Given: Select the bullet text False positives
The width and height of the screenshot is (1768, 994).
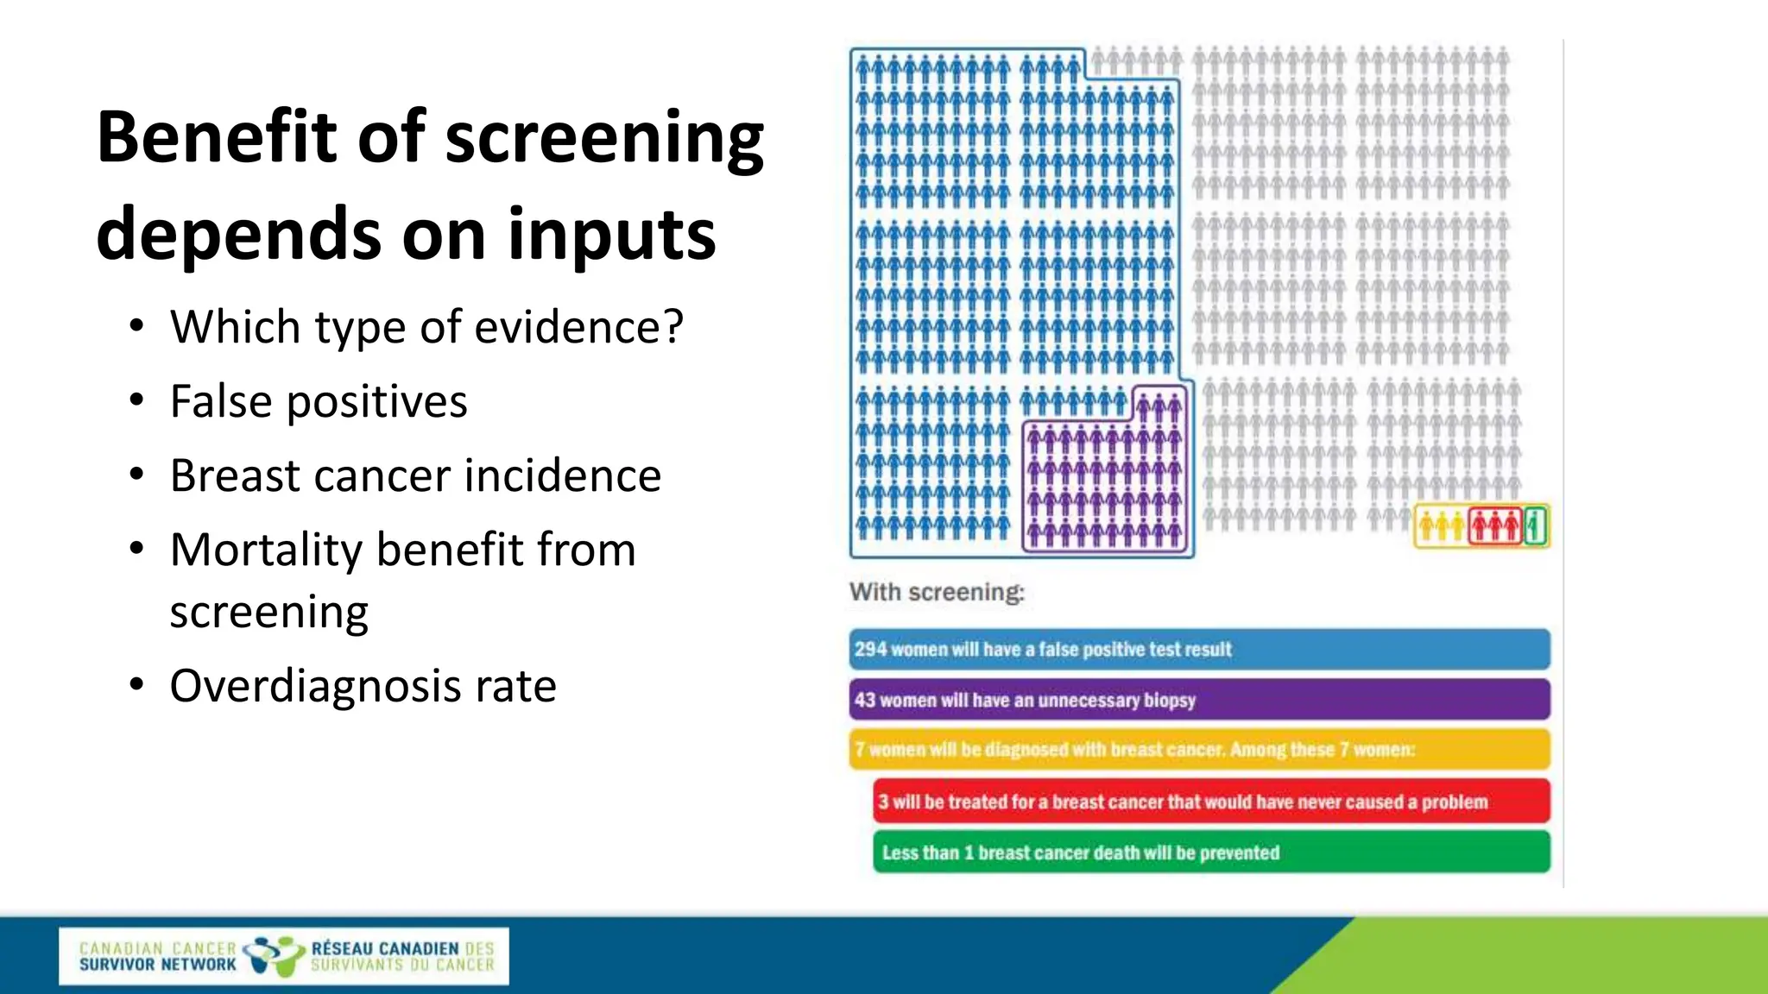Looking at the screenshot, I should pos(319,402).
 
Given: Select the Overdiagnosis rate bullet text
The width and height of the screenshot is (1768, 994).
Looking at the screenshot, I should pos(363,687).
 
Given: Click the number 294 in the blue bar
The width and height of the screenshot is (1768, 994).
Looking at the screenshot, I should pos(870,650).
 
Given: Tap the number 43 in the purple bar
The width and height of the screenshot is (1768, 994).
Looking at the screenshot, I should pos(864,700).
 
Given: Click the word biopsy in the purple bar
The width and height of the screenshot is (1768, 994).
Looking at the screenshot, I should pos(1169,700).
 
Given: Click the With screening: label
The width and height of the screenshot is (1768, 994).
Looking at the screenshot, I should pos(937,593).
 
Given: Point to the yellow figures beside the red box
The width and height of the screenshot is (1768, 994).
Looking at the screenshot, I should pos(1441,525).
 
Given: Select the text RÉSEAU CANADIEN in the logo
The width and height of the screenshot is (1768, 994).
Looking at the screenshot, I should pos(385,948).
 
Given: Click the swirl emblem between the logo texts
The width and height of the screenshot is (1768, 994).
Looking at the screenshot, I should pos(273,955).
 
